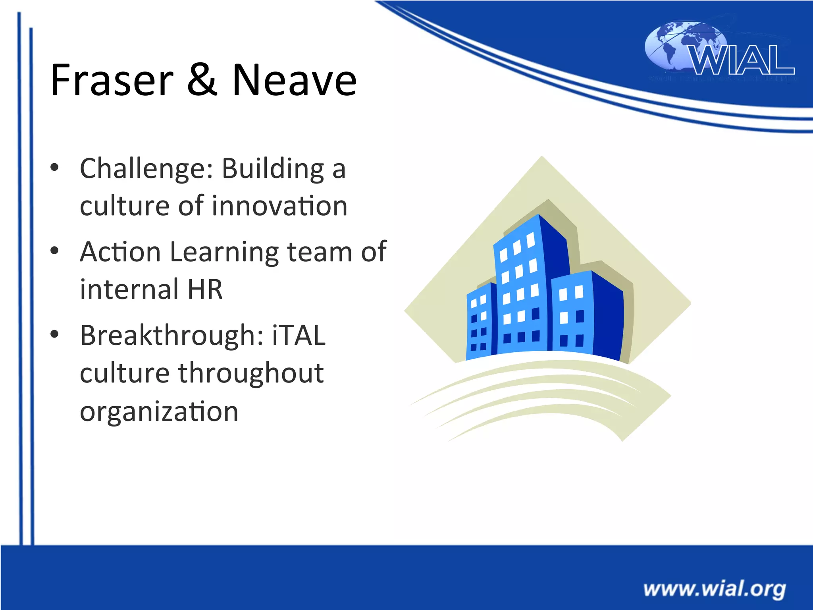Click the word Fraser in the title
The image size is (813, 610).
[x=112, y=80]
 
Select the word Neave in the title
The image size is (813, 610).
[x=294, y=80]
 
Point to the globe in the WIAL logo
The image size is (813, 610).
[x=675, y=46]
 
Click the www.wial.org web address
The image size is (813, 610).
[x=714, y=589]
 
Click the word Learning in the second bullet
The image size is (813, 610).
[x=224, y=253]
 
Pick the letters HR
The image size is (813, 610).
[x=205, y=289]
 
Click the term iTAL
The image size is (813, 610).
[x=299, y=336]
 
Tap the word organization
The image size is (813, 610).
[x=159, y=412]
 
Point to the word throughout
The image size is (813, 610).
[x=250, y=373]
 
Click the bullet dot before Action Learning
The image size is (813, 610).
[x=55, y=251]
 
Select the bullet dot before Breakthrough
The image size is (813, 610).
[x=55, y=334]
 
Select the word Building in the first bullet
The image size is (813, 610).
[x=273, y=169]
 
